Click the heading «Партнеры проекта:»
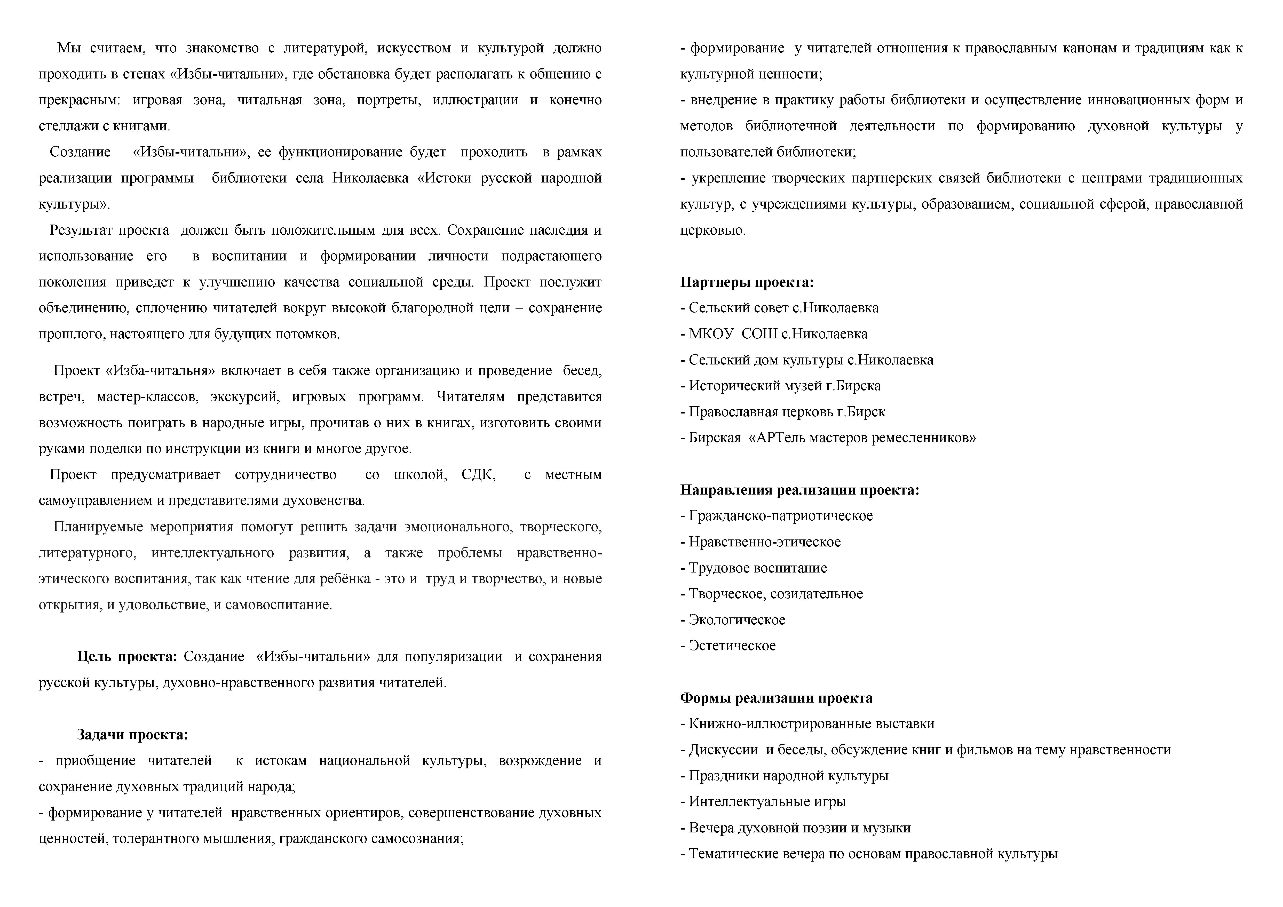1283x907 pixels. pyautogui.click(x=747, y=282)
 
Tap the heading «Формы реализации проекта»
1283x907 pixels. pyautogui.click(x=776, y=698)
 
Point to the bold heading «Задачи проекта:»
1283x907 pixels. pyautogui.click(x=132, y=734)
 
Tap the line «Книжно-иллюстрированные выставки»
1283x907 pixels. pyautogui.click(x=811, y=724)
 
